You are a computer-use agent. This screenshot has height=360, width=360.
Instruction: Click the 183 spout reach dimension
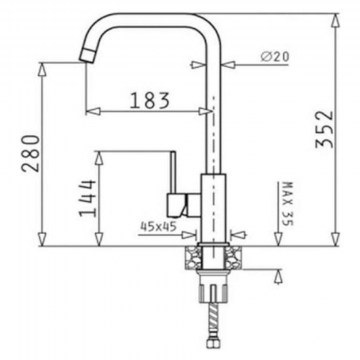point(150,100)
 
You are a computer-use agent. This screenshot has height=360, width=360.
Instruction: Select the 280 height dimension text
point(31,153)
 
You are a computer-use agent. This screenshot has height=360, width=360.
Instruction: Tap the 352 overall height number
point(324,129)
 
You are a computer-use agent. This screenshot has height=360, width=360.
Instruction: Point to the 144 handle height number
point(87,198)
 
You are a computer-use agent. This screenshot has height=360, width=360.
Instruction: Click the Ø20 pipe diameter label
point(275,57)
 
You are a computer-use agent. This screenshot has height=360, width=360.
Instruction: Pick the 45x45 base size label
point(158,227)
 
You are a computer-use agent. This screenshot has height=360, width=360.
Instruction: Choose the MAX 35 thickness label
point(288,204)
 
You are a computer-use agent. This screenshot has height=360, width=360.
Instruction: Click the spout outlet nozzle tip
point(87,55)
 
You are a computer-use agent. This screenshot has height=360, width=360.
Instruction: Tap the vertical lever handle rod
point(173,172)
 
